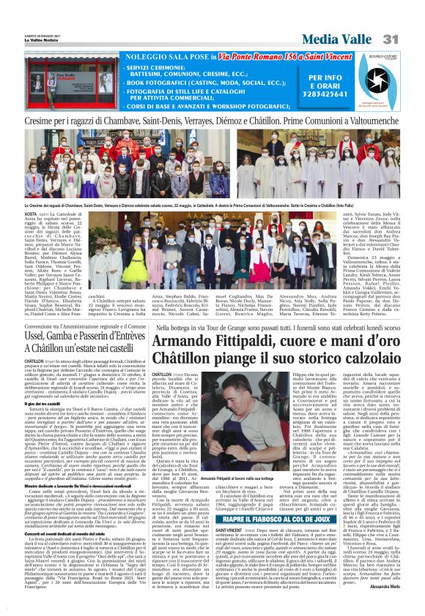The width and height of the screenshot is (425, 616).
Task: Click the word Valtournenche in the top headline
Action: pyautogui.click(x=374, y=119)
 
